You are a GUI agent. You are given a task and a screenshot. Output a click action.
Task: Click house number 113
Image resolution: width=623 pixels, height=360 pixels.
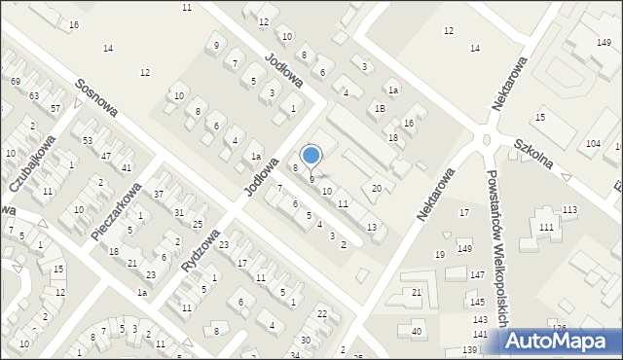(x=569, y=210)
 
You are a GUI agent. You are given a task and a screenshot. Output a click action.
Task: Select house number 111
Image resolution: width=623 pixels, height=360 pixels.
(x=546, y=227)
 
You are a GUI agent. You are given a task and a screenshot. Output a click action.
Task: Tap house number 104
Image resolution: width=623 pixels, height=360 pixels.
(x=593, y=144)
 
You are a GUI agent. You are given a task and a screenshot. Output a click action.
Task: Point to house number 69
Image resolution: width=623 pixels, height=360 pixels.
(x=16, y=81)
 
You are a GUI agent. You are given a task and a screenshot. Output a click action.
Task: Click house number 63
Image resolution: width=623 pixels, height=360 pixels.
(x=34, y=95)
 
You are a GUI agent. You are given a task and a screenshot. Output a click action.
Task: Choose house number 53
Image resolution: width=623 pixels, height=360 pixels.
(x=88, y=141)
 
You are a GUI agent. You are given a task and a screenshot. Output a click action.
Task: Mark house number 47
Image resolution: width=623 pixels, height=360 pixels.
(x=106, y=156)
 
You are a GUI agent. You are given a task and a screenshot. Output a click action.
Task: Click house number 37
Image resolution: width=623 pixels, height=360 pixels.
(x=158, y=195)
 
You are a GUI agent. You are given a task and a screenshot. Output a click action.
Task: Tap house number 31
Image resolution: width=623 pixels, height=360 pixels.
(x=179, y=212)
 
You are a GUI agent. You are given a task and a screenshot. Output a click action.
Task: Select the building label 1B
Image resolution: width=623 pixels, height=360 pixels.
(x=381, y=109)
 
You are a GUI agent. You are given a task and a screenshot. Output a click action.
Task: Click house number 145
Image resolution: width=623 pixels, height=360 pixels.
(x=477, y=302)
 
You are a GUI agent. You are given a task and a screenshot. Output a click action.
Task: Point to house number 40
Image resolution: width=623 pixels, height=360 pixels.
(x=417, y=332)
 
